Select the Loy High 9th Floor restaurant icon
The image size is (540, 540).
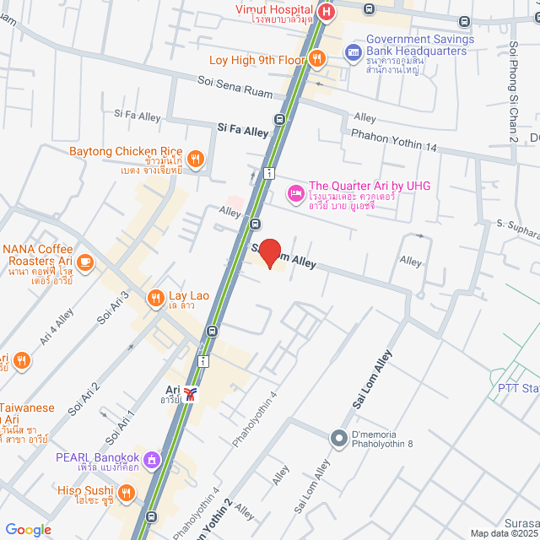[317, 58]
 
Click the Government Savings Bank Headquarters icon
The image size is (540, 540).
[353, 52]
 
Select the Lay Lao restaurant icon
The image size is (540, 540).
[155, 297]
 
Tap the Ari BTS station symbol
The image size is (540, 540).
[193, 393]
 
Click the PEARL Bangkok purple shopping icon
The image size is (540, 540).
[151, 459]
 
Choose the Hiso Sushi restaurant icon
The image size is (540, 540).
[126, 492]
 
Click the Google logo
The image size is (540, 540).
[28, 529]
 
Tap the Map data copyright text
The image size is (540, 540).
[504, 533]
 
